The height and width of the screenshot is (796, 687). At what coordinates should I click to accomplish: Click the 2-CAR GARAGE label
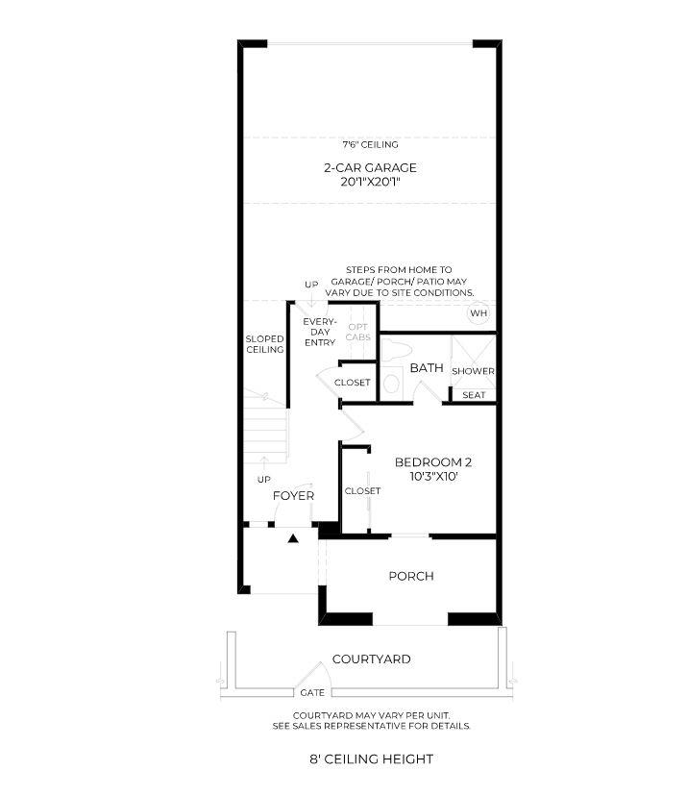370,167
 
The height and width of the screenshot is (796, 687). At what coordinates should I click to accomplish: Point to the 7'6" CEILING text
370,145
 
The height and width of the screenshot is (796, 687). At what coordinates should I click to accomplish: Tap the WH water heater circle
478,313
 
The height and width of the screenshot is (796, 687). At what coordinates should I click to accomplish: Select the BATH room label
426,368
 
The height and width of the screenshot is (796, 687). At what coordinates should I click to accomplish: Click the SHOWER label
473,371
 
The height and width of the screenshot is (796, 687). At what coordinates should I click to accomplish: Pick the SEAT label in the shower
473,395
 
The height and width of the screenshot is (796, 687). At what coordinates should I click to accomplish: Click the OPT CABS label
357,332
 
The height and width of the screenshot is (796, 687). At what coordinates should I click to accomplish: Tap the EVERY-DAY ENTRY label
318,332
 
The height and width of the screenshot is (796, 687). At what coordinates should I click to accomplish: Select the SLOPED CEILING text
264,344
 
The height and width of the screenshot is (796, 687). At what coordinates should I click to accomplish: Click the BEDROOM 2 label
433,462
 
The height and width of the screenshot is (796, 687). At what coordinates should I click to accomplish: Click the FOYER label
293,496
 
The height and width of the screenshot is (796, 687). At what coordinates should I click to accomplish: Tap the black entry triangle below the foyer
294,539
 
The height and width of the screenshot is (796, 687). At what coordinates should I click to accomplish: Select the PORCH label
410,577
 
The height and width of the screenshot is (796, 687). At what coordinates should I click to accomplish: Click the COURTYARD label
371,659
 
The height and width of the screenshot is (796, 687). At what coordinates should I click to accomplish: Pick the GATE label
311,693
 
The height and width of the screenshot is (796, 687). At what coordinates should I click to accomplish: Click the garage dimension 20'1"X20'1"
370,182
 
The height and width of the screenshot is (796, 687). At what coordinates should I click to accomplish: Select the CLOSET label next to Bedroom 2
362,491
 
